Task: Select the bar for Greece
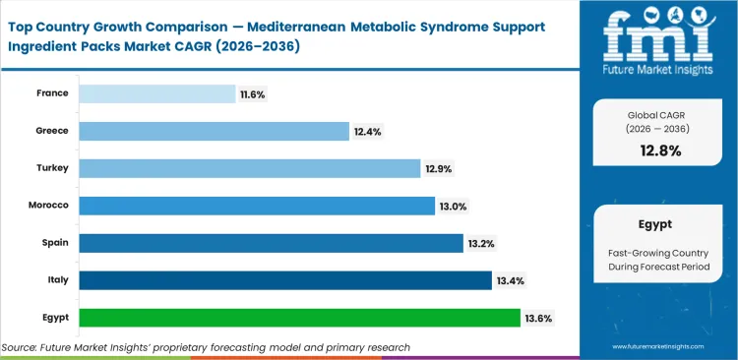(x=214, y=131)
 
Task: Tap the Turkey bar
(x=249, y=168)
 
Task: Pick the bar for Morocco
(x=256, y=206)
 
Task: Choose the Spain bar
(x=271, y=243)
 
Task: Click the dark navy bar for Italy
(x=284, y=280)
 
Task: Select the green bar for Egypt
(x=299, y=318)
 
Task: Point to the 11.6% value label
(x=251, y=93)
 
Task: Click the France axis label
(x=53, y=92)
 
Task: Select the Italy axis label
(x=58, y=279)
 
